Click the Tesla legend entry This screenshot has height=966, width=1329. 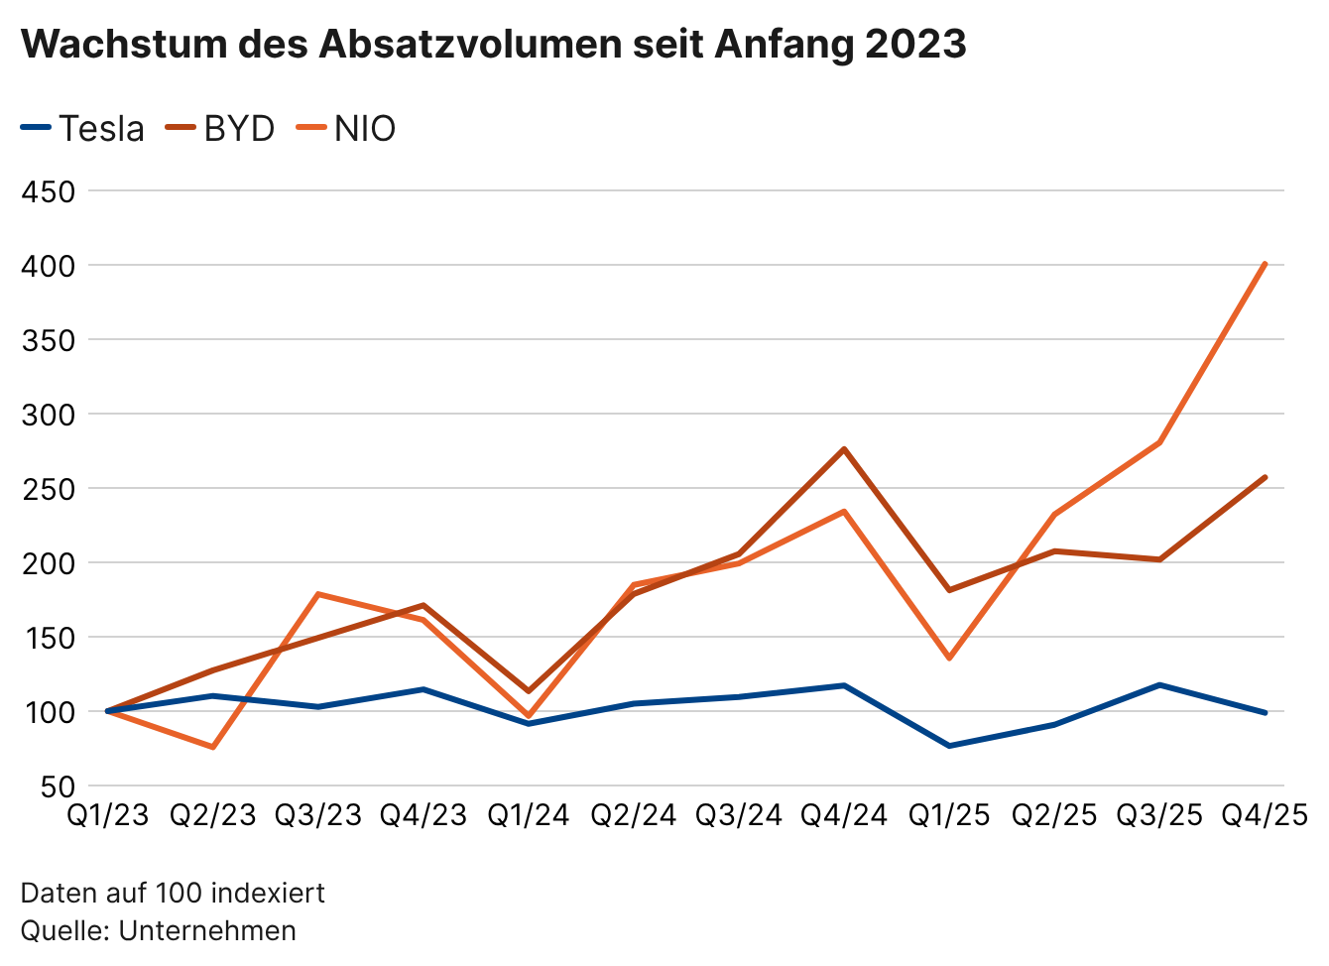[83, 129]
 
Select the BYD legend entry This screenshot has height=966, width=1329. [221, 129]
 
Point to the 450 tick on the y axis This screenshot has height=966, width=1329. [49, 191]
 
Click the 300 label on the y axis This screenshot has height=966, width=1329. [49, 415]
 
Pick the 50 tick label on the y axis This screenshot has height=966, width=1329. [59, 787]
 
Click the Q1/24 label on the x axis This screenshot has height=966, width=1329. [529, 815]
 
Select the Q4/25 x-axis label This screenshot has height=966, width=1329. [1265, 815]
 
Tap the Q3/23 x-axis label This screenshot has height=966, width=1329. [318, 815]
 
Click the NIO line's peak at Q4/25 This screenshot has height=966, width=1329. [1265, 264]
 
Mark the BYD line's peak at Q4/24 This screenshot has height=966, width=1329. [844, 449]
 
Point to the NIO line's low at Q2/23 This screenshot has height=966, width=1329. [213, 747]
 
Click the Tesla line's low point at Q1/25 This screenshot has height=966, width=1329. [949, 746]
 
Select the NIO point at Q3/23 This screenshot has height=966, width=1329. [318, 594]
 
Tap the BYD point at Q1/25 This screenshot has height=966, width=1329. [949, 590]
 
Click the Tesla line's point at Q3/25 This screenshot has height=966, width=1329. [1159, 685]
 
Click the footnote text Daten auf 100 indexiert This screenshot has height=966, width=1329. [173, 893]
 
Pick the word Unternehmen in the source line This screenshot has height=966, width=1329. [207, 930]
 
